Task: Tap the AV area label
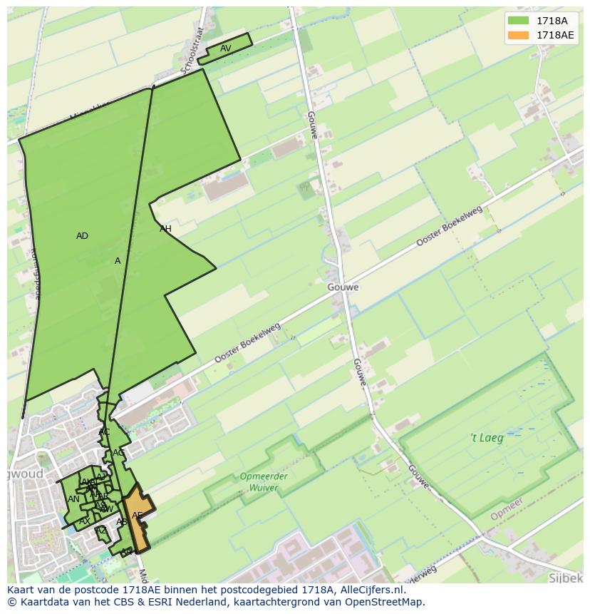(x=225, y=48)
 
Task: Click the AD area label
(x=82, y=236)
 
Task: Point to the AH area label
(x=165, y=229)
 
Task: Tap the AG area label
(x=118, y=453)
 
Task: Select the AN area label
(x=73, y=499)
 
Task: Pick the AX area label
(x=84, y=521)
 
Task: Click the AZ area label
(x=101, y=531)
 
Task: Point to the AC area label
(x=104, y=432)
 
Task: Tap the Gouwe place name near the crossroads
(x=343, y=287)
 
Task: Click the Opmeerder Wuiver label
(x=264, y=482)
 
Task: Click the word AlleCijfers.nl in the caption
(x=370, y=590)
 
